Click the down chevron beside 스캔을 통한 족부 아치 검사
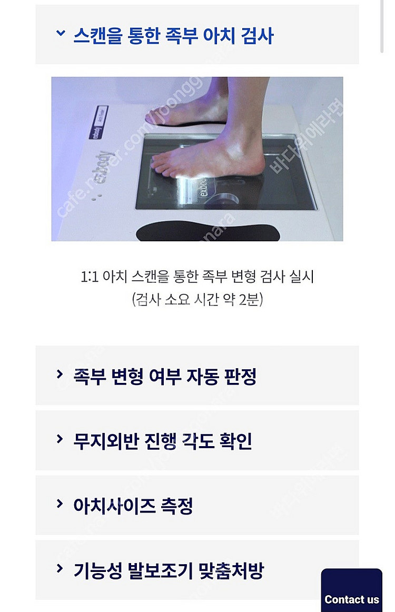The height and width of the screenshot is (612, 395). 60,34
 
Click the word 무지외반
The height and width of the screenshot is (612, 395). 106,441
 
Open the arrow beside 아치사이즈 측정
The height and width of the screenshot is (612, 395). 60,504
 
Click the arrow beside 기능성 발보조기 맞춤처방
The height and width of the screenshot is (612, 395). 60,569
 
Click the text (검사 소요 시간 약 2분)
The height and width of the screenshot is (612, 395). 197,300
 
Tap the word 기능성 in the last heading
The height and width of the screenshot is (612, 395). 97,570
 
